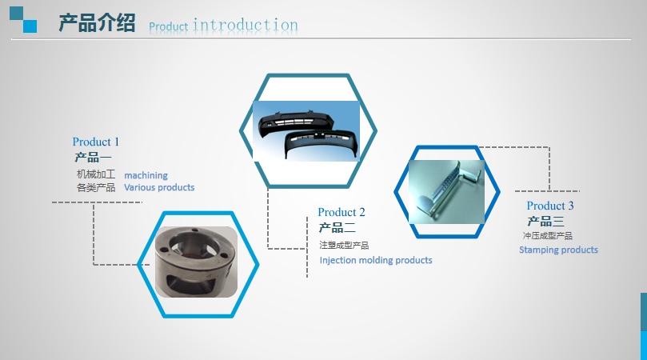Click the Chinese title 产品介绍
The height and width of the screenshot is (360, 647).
click(97, 22)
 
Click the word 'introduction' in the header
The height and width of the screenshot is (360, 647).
click(245, 25)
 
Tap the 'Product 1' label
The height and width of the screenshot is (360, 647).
click(96, 142)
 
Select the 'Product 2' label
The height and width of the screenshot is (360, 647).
click(341, 212)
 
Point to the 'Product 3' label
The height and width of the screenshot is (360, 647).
click(550, 205)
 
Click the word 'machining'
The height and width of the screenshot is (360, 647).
click(146, 175)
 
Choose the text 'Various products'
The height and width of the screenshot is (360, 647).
click(159, 187)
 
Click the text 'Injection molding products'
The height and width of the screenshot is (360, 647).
click(376, 260)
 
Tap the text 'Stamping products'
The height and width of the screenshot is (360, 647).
click(558, 250)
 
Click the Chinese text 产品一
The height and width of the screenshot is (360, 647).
click(93, 158)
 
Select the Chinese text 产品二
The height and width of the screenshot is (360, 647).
click(337, 227)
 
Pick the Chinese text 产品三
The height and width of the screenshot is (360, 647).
click(545, 222)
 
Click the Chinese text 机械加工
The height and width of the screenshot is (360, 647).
click(96, 174)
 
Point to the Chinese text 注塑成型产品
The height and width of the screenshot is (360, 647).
click(344, 246)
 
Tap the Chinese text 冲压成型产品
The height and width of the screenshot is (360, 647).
click(548, 236)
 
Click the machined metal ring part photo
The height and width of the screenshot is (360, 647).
click(196, 262)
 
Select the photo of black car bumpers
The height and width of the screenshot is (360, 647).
click(306, 131)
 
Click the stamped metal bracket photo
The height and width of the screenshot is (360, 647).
click(446, 192)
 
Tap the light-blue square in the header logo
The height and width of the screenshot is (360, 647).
click(30, 26)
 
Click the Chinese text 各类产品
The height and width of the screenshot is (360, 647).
click(96, 188)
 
